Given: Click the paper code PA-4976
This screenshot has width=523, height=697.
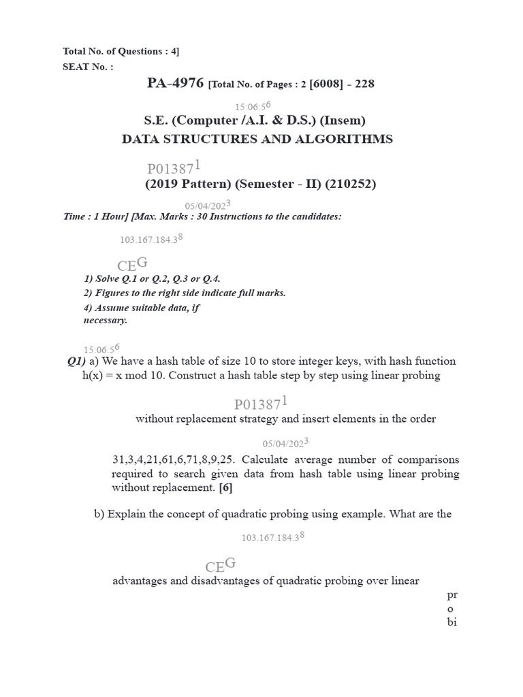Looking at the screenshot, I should click(175, 84).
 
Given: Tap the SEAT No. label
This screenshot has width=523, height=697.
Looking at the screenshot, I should click(89, 67).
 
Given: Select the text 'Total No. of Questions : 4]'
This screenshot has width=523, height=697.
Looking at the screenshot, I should click(121, 51).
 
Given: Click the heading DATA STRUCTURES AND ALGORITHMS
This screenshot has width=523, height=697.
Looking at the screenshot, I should click(257, 139).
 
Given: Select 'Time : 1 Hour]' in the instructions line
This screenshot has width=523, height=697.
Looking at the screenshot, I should click(95, 216).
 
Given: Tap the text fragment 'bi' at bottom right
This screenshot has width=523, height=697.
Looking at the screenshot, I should click(451, 622).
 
